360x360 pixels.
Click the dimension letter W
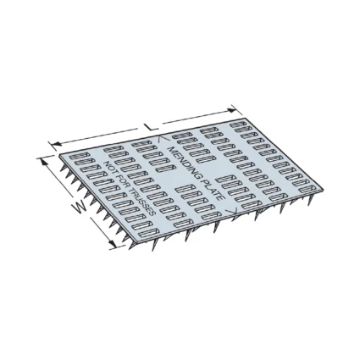pyautogui.click(x=80, y=208)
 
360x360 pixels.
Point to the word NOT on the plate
pyautogui.click(x=110, y=168)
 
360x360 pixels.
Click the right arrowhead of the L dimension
pyautogui.click(x=231, y=110)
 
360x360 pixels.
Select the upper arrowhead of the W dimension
pyautogui.click(x=44, y=162)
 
